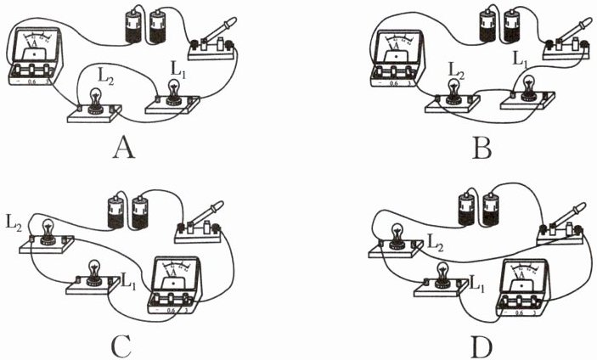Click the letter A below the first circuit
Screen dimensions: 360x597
(x=124, y=149)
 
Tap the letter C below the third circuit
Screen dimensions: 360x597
(x=121, y=344)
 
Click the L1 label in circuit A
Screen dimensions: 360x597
(x=178, y=65)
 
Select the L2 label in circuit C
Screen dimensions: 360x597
(x=14, y=224)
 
